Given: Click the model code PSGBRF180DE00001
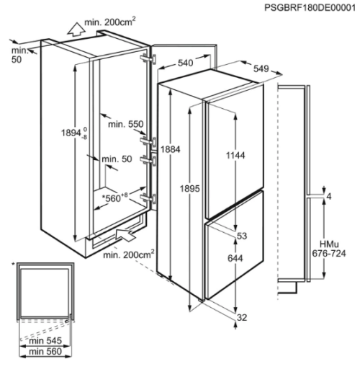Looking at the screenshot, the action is (x=310, y=7).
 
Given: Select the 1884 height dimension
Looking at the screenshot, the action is (x=170, y=149).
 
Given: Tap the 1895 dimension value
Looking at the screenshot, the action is (x=189, y=189).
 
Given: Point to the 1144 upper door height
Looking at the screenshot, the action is (x=235, y=156).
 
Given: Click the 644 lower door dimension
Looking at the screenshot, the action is (x=235, y=258).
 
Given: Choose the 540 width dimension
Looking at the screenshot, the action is (x=185, y=63).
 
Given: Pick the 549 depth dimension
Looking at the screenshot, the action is (x=261, y=69).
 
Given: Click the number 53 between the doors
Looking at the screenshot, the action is (x=242, y=236).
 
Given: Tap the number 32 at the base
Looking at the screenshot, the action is (x=242, y=317).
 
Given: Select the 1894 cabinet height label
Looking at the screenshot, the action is (x=74, y=133).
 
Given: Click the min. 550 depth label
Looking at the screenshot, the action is (x=126, y=124).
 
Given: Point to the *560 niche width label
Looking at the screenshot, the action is (x=114, y=198).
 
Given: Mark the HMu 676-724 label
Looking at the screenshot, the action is (x=329, y=249).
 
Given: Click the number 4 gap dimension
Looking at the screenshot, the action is (x=329, y=197).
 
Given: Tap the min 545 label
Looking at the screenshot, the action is (x=45, y=340).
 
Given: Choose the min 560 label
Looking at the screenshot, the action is (x=45, y=352).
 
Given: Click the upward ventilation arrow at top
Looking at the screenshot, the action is (x=76, y=30).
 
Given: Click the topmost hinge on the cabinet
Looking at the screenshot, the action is (x=148, y=58).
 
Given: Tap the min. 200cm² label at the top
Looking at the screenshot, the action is (x=110, y=22).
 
